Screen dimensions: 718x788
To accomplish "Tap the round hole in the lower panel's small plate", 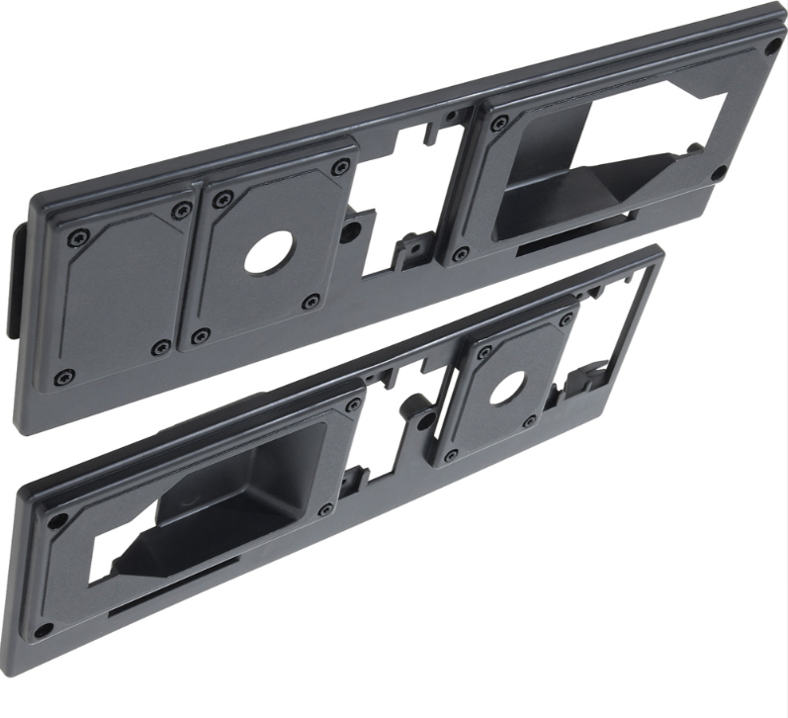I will click(505, 385).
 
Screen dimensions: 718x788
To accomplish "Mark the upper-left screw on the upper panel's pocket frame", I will click(500, 124).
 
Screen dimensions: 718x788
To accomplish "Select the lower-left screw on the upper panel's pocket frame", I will click(459, 255).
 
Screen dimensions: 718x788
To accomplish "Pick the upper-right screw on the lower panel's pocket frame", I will click(353, 404).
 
